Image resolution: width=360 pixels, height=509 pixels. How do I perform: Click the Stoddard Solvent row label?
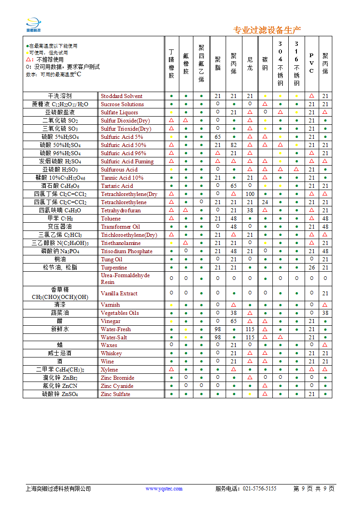pyautogui.click(x=121, y=96)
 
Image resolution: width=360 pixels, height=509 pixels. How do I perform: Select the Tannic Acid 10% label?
pyautogui.click(x=122, y=178)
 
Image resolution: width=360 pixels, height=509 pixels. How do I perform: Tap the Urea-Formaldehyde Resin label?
pyautogui.click(x=125, y=279)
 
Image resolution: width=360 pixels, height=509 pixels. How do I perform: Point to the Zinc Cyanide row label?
pyautogui.click(x=117, y=386)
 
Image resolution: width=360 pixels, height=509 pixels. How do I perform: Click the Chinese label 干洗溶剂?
pyautogui.click(x=60, y=96)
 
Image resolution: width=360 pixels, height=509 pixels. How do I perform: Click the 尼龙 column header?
pyautogui.click(x=250, y=64)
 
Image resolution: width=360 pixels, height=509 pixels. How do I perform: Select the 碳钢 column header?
pyautogui.click(x=265, y=64)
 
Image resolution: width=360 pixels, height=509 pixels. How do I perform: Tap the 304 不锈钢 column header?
pyautogui.click(x=281, y=64)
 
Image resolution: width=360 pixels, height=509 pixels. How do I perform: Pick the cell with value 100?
pyautogui.click(x=250, y=194)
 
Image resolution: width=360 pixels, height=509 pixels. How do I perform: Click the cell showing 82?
pyautogui.click(x=234, y=145)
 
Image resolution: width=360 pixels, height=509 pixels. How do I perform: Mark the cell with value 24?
pyautogui.click(x=265, y=202)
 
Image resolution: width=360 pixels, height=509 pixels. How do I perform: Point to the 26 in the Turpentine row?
pyautogui.click(x=311, y=268)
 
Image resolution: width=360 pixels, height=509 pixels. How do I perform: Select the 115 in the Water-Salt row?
pyautogui.click(x=250, y=338)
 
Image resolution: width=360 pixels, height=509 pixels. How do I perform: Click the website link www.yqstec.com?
pyautogui.click(x=164, y=489)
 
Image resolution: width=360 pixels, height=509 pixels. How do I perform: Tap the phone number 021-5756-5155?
pyautogui.click(x=260, y=489)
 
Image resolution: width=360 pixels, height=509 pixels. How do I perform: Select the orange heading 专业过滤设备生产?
pyautogui.click(x=267, y=30)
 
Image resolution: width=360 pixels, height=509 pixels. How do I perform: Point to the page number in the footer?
pyautogui.click(x=314, y=489)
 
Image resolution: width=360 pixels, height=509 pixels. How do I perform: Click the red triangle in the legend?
pyautogui.click(x=28, y=59)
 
